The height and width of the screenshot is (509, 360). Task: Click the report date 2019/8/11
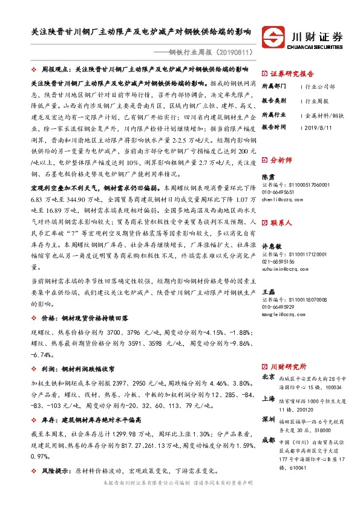pyautogui.click(x=318, y=127)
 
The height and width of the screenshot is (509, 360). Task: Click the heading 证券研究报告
pyautogui.click(x=293, y=72)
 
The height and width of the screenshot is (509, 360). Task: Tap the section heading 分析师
pyautogui.click(x=281, y=161)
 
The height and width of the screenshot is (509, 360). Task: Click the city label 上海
pyautogui.click(x=268, y=398)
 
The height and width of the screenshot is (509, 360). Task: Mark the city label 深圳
pyautogui.click(x=268, y=419)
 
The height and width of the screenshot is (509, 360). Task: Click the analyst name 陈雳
pyautogui.click(x=268, y=176)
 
